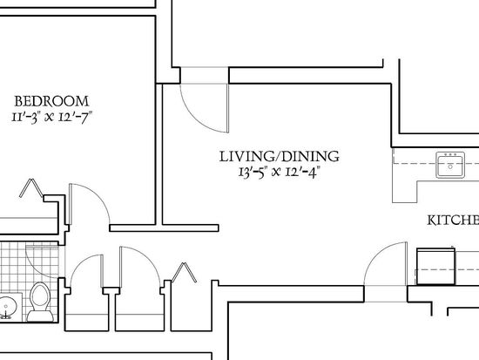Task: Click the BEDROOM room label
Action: click(51, 101)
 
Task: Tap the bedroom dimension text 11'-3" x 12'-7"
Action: click(51, 117)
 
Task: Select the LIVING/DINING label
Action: click(280, 156)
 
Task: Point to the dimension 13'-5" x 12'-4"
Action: click(280, 172)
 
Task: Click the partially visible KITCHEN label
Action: click(453, 221)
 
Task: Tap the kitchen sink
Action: click(450, 165)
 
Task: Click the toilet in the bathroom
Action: click(40, 302)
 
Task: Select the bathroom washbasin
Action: click(8, 307)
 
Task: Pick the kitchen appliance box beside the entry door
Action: click(436, 267)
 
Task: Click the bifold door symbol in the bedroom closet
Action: click(31, 187)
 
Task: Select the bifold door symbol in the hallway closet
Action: click(184, 272)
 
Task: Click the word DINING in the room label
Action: click(310, 156)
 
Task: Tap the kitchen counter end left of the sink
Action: click(405, 191)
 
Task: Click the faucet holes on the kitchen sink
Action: click(450, 155)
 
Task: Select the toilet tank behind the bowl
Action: click(40, 316)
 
